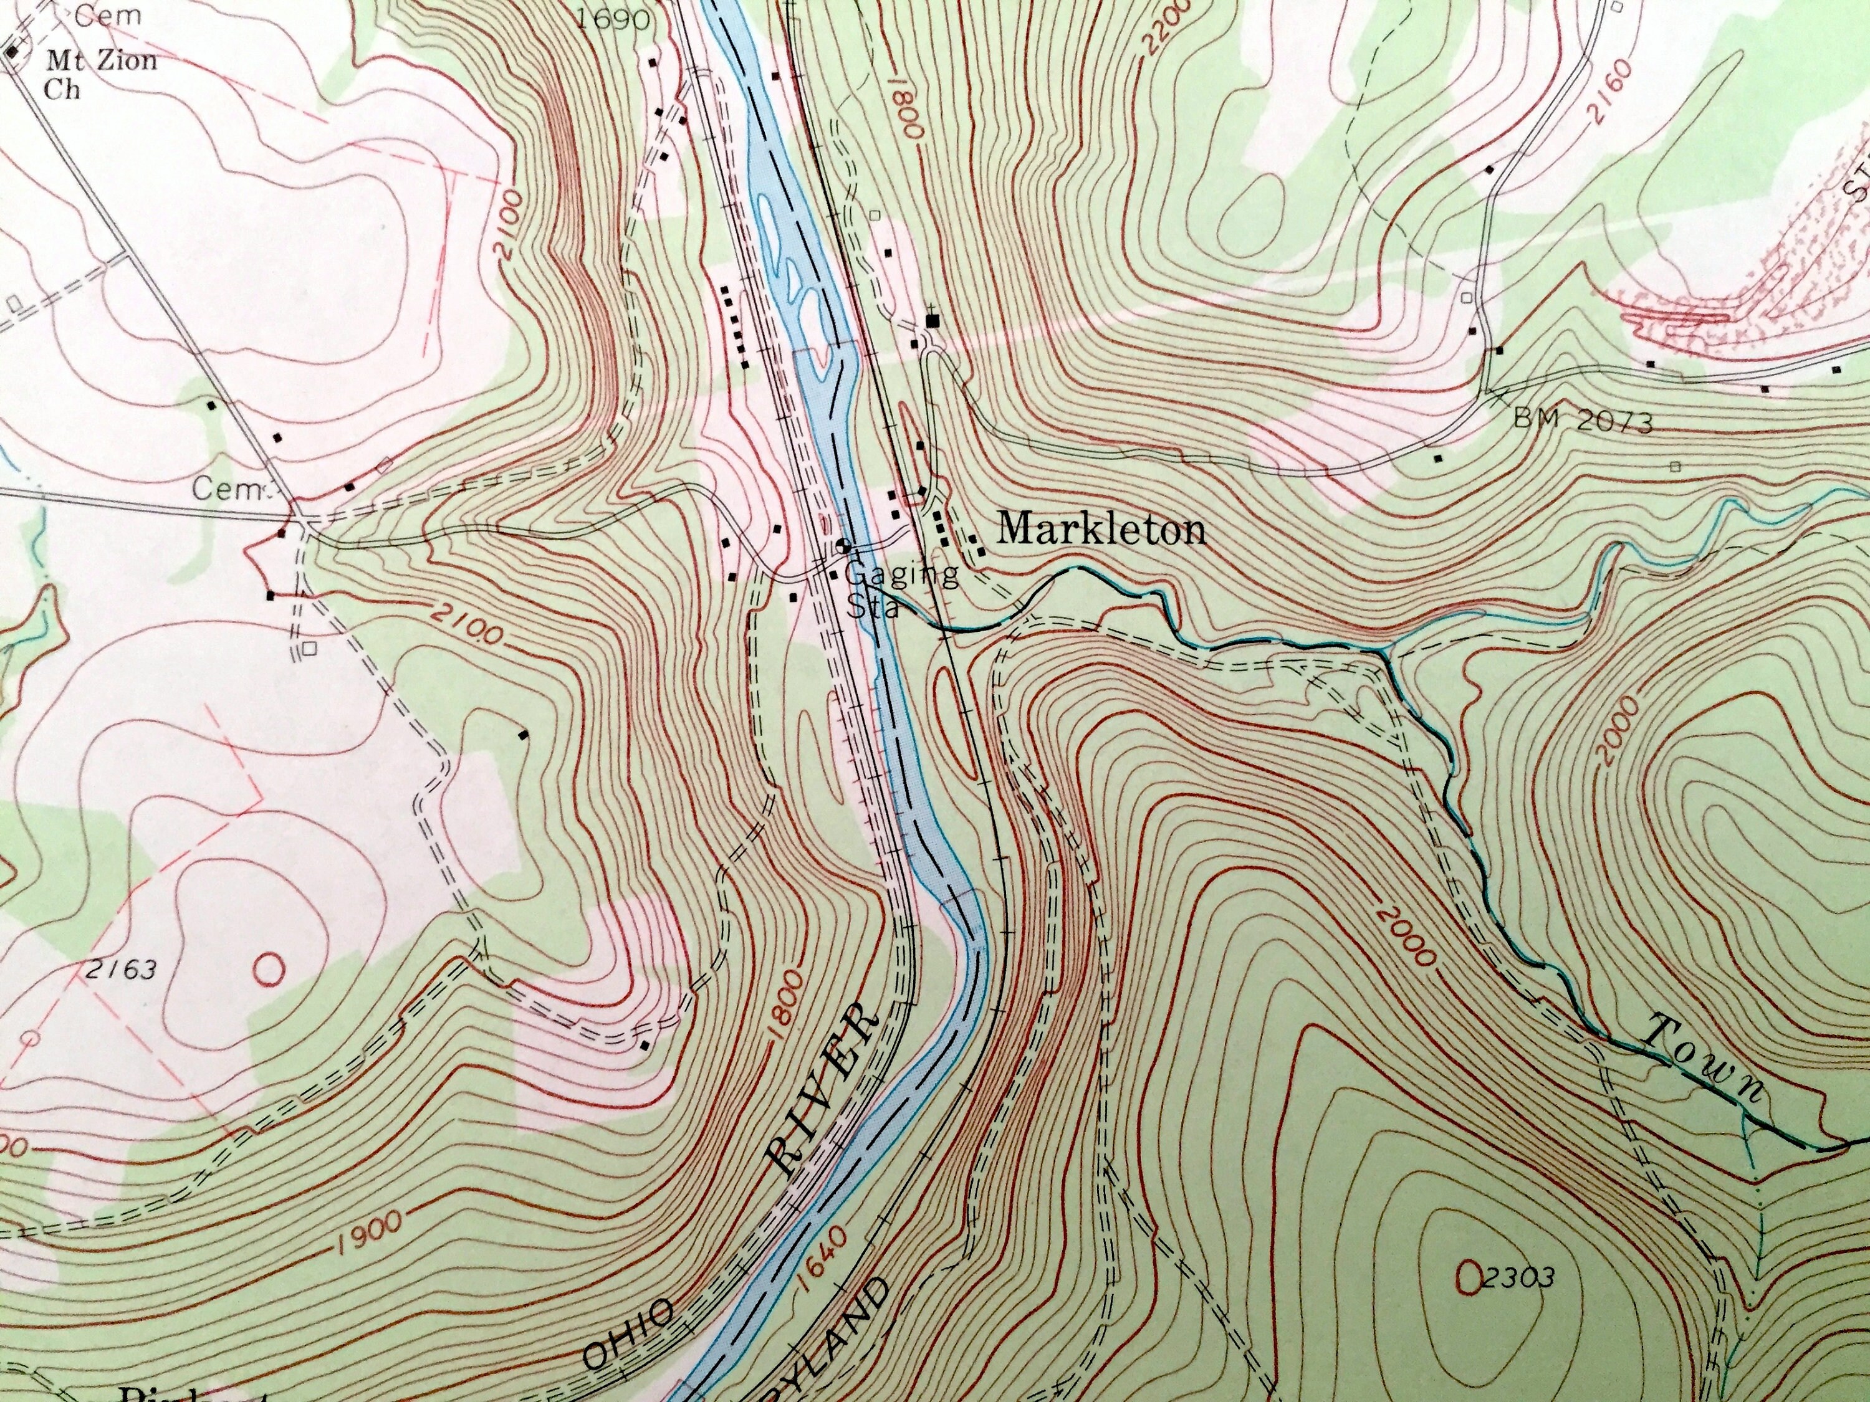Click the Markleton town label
1101,530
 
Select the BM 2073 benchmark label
1581,420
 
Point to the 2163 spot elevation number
121,970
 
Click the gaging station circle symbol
842,545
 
